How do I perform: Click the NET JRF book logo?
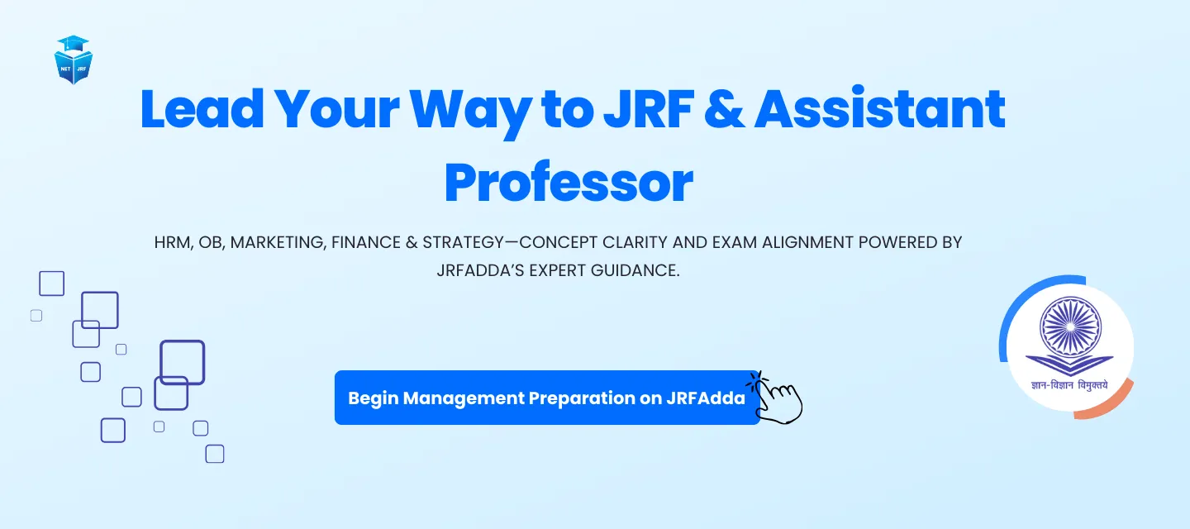click(x=74, y=60)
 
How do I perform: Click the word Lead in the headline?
click(x=202, y=109)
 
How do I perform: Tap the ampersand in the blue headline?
click(x=724, y=109)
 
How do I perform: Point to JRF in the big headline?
click(x=649, y=109)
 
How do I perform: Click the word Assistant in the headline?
click(x=879, y=109)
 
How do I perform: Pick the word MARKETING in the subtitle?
click(x=277, y=242)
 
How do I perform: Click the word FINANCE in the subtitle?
click(x=366, y=242)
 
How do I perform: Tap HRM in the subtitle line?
click(x=173, y=242)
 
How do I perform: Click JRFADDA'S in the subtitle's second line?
click(x=480, y=270)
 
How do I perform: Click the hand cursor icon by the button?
click(x=776, y=399)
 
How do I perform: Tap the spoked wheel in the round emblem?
click(x=1070, y=326)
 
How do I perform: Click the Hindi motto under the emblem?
click(x=1069, y=385)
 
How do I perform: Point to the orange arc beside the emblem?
click(x=1111, y=406)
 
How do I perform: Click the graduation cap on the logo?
click(x=73, y=44)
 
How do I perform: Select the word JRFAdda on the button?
click(x=706, y=398)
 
